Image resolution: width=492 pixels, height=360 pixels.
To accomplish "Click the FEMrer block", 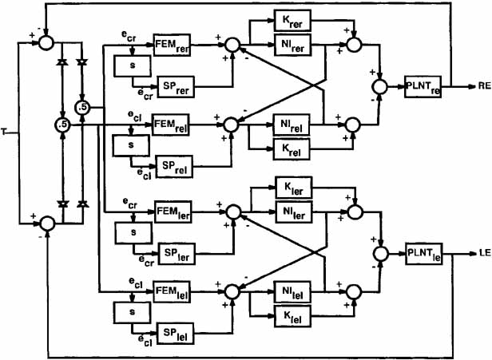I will click(171, 46).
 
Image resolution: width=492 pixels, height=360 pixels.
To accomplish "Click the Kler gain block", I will click(294, 188).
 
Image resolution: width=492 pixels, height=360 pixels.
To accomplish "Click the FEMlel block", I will click(171, 290).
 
